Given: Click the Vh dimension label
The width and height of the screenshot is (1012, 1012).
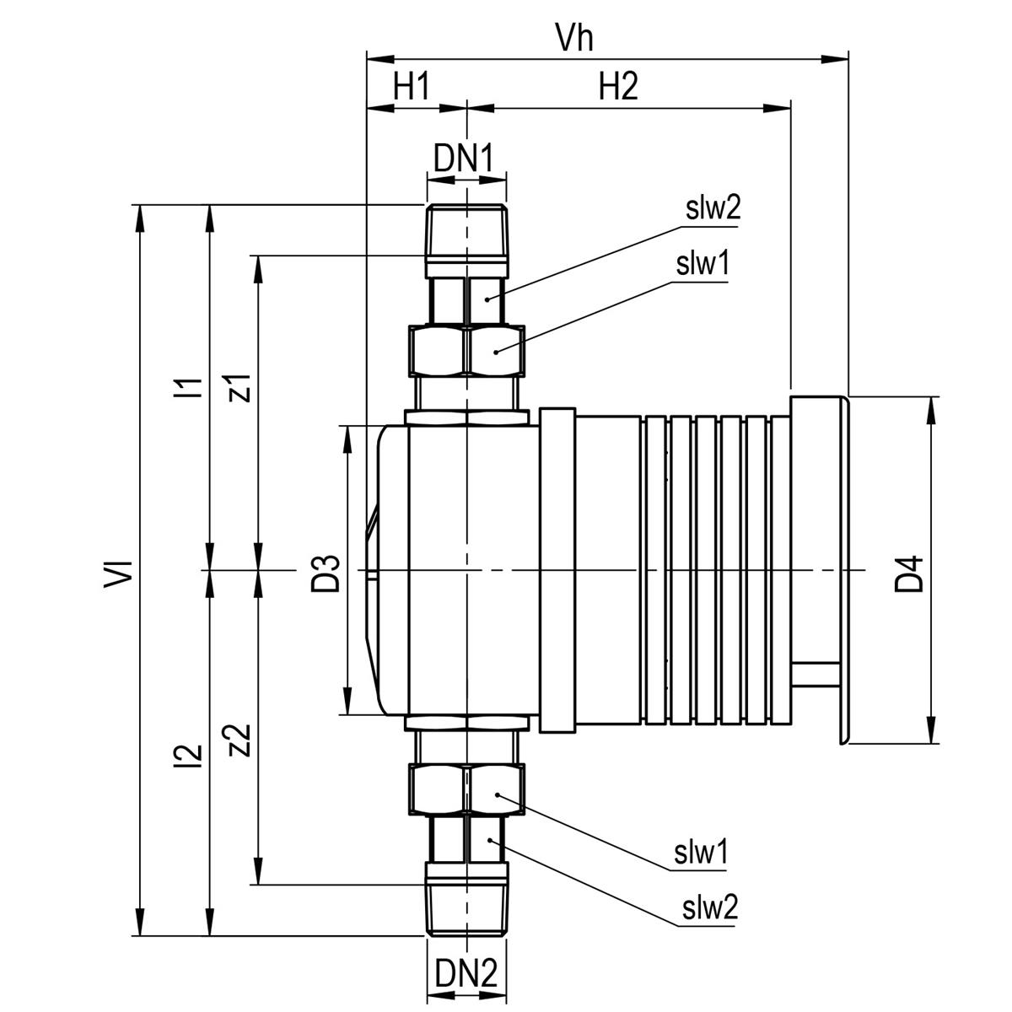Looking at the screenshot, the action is point(574,38).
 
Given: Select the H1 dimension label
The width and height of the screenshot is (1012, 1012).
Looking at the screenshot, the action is point(412,87).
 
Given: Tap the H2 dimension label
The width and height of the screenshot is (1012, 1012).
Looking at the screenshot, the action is point(619,87).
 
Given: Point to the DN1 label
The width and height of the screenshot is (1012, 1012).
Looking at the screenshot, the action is point(464,159).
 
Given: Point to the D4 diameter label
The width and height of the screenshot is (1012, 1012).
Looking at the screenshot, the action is point(908,574).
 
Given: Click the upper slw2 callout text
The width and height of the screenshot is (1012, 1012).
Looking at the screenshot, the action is point(713,208).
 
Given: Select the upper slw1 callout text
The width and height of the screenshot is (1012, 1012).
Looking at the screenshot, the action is point(702,264).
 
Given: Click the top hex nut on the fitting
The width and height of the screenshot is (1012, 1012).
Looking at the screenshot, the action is point(466,350).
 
